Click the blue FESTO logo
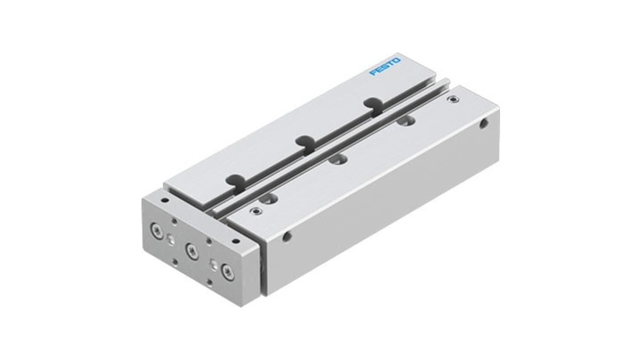coord(385,66)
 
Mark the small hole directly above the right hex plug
coord(209,241)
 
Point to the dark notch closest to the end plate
coord(236,180)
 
